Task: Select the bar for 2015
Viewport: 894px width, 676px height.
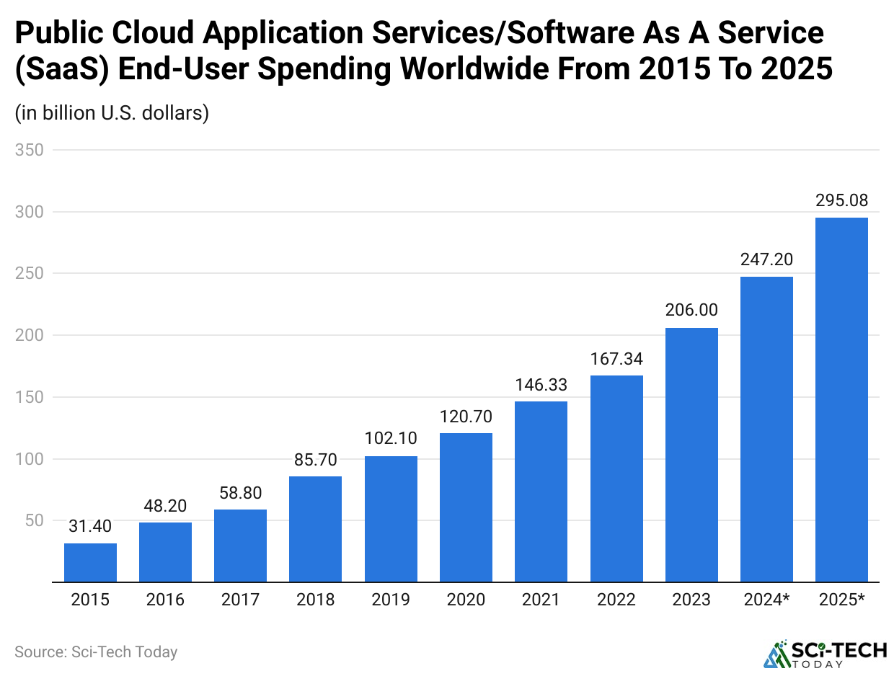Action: (x=90, y=562)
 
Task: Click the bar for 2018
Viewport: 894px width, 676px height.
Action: (x=315, y=528)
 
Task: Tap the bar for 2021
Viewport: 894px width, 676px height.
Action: (x=541, y=492)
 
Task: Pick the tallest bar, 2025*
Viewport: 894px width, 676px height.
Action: (x=841, y=399)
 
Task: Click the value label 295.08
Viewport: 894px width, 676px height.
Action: (x=841, y=200)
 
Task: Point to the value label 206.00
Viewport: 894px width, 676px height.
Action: (x=691, y=311)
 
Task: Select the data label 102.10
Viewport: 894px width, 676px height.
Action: (x=391, y=439)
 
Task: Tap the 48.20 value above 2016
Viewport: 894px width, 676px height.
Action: (x=165, y=505)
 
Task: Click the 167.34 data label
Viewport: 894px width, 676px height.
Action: (x=616, y=358)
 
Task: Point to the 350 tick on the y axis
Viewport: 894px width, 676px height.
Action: (x=29, y=151)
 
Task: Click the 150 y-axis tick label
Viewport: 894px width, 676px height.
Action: (x=29, y=397)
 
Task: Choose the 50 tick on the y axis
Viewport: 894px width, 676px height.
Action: (x=33, y=520)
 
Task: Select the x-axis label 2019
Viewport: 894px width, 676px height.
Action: (x=391, y=600)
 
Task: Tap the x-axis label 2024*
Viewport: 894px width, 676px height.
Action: (x=766, y=600)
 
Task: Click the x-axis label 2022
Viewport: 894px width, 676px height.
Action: (x=616, y=600)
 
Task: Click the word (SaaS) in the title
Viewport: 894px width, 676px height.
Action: (x=61, y=70)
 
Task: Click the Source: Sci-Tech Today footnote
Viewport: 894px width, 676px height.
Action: (x=96, y=652)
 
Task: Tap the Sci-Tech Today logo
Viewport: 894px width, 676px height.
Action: (x=826, y=654)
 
